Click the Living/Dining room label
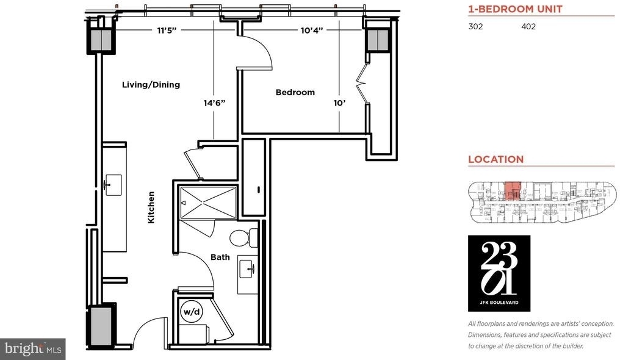151,85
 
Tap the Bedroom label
295,92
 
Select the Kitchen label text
151,207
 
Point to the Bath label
220,257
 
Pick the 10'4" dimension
312,31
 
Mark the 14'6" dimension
214,103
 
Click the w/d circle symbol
192,311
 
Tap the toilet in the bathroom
243,238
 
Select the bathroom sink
248,270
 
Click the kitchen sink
113,185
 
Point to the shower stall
208,203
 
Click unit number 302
475,26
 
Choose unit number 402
528,26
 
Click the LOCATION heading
496,159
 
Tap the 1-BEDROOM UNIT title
515,9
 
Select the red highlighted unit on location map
513,191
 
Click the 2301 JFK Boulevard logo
499,273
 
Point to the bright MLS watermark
33,349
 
